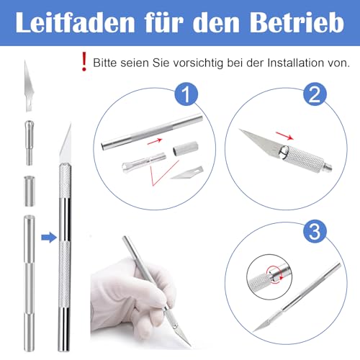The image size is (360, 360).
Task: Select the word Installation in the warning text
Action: point(292,63)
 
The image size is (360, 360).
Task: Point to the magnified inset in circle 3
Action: point(266,276)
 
